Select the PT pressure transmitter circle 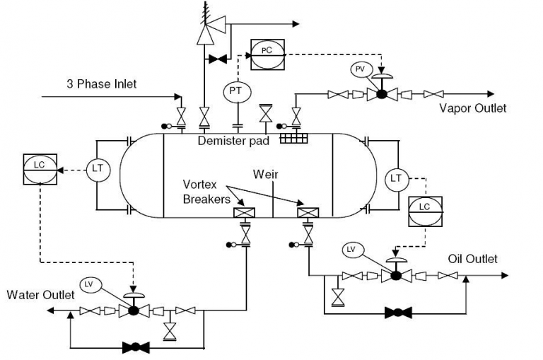235,91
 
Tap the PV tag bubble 359,69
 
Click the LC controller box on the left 40,168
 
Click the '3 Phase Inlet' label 101,84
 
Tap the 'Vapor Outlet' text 473,108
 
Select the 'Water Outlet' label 40,295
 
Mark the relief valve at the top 208,30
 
